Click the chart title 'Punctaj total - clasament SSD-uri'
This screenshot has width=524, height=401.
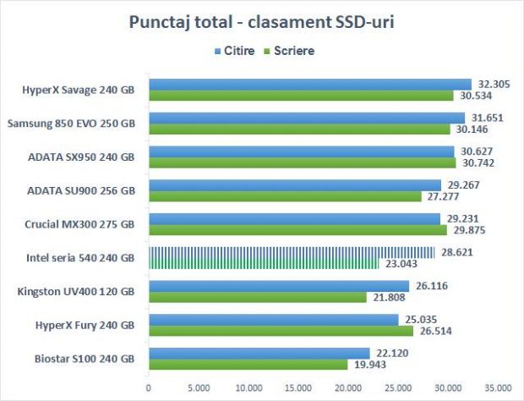[x=261, y=20]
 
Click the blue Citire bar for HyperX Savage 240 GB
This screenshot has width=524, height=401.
[x=310, y=84]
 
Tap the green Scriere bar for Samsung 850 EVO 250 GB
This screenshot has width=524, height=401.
[x=300, y=129]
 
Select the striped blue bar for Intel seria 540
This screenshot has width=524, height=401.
[x=292, y=252]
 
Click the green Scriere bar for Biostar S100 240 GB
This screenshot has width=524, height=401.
[x=248, y=364]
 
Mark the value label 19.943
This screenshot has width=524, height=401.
[x=368, y=365]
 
